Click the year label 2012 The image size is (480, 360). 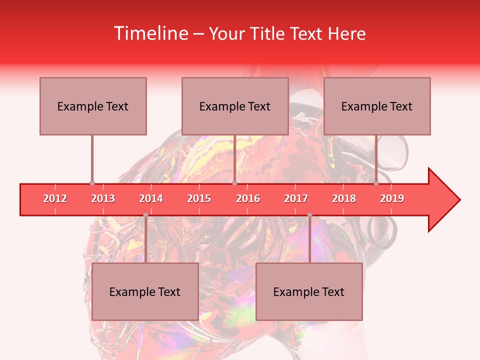click(55, 198)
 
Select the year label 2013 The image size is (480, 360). click(103, 198)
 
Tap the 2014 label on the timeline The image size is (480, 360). click(151, 198)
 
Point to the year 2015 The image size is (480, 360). click(199, 198)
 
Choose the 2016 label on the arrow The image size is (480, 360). click(248, 198)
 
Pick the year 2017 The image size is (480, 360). click(296, 198)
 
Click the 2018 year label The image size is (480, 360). click(344, 198)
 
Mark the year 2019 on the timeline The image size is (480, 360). click(392, 198)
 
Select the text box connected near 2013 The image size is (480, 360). click(93, 106)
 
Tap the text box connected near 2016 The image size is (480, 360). click(235, 106)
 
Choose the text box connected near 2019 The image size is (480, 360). click(377, 106)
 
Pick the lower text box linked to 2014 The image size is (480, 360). click(145, 291)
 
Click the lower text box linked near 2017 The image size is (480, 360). click(309, 291)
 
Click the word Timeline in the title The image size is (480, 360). click(150, 33)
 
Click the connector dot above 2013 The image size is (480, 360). click(92, 183)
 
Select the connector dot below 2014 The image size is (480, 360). click(145, 215)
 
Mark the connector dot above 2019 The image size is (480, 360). click(376, 183)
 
